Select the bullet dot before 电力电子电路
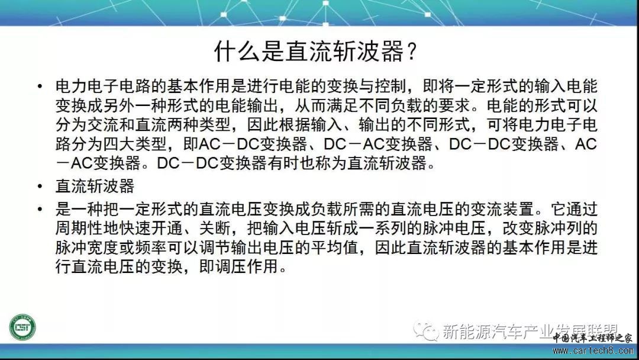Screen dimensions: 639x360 (40, 86)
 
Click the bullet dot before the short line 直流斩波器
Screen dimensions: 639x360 (40, 187)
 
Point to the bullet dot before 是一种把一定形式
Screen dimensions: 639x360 (40, 210)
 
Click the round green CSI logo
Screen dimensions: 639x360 (22, 327)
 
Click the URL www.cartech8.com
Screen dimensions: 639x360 (592, 351)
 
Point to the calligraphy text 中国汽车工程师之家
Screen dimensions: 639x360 (592, 339)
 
